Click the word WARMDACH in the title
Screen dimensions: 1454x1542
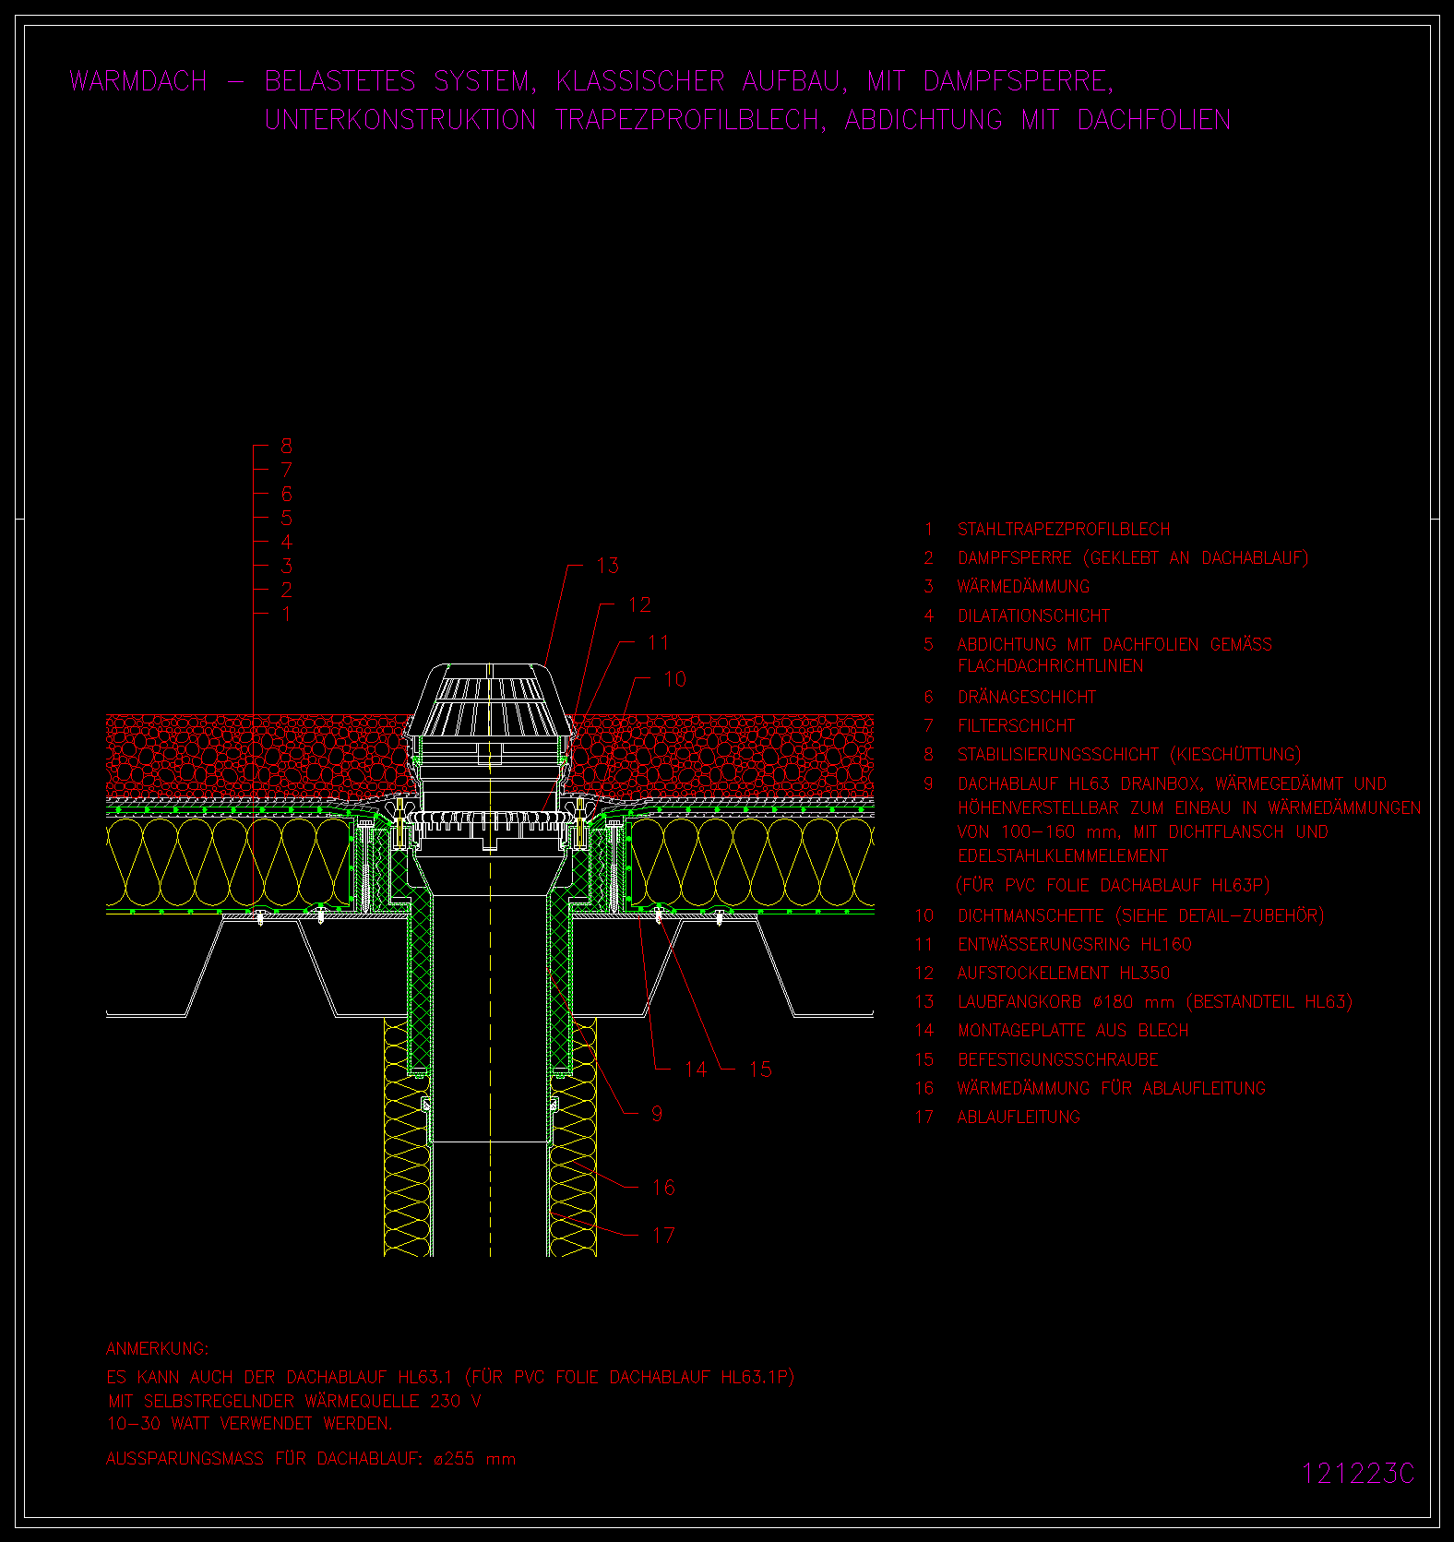pyautogui.click(x=138, y=81)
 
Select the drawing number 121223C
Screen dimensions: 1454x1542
pyautogui.click(x=1357, y=1474)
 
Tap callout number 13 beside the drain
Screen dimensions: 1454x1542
pyautogui.click(x=608, y=566)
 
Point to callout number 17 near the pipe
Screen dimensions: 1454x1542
pyautogui.click(x=663, y=1235)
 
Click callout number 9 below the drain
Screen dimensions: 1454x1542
pyautogui.click(x=657, y=1113)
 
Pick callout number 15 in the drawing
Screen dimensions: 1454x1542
pyautogui.click(x=760, y=1069)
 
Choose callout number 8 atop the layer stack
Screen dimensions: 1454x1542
pyautogui.click(x=287, y=446)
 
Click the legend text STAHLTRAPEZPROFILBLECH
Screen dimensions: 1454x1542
pyautogui.click(x=1064, y=529)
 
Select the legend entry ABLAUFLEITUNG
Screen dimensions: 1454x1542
pyautogui.click(x=1019, y=1117)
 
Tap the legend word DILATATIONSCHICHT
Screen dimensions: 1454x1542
pyautogui.click(x=1034, y=616)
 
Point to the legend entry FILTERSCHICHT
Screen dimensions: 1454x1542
pyautogui.click(x=1017, y=725)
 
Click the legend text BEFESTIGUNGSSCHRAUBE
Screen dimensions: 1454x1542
pyautogui.click(x=1058, y=1059)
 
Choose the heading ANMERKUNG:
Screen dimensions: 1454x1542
pyautogui.click(x=158, y=1348)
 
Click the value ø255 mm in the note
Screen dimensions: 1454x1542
pyautogui.click(x=474, y=1459)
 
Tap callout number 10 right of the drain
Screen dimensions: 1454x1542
pyautogui.click(x=675, y=679)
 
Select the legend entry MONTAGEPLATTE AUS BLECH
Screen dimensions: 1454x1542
pyautogui.click(x=1073, y=1030)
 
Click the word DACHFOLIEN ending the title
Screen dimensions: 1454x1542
pyautogui.click(x=1154, y=120)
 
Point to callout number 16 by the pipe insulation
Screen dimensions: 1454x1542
pyautogui.click(x=663, y=1187)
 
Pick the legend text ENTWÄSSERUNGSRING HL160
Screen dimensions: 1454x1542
pyautogui.click(x=1075, y=944)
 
